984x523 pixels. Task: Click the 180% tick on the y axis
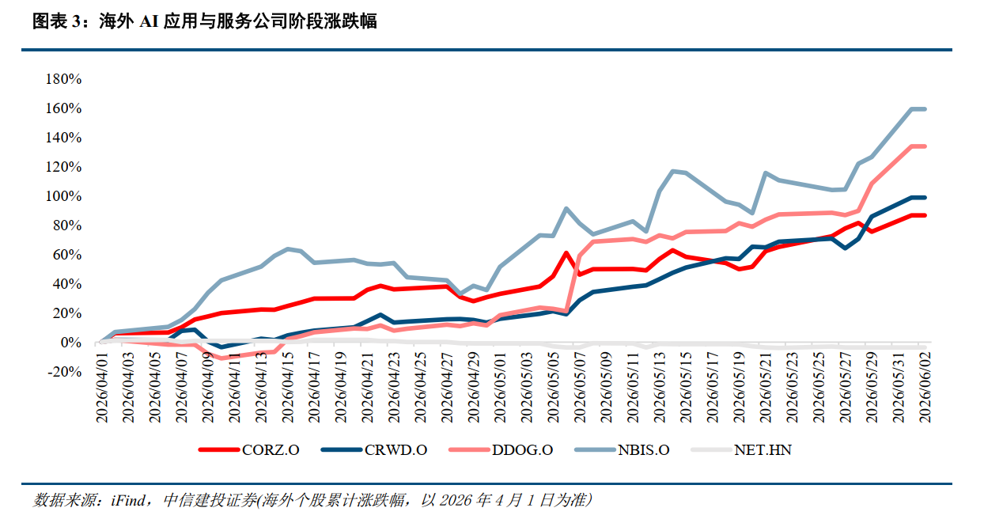coord(63,79)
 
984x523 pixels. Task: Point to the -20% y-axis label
coord(64,372)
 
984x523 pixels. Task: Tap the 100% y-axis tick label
coord(63,196)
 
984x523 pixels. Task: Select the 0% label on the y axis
coord(70,343)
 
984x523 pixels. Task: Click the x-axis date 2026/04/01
coord(102,388)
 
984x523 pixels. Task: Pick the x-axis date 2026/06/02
coord(925,388)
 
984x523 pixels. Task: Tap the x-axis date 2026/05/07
coord(580,388)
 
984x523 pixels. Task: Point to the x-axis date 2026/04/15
coord(287,388)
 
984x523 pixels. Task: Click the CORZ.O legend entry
coord(248,449)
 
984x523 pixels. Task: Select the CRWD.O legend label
coord(395,449)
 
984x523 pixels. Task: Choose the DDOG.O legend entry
coord(501,449)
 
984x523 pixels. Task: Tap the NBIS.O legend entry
coord(622,449)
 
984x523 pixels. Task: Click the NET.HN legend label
coord(763,449)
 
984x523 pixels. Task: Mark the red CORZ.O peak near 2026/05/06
coord(566,253)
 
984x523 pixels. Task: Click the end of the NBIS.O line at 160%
coord(925,109)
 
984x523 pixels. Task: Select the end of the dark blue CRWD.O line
coord(925,198)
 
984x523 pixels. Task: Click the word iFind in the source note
coord(128,500)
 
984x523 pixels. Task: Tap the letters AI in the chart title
coord(149,21)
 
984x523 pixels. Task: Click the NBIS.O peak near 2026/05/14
coord(672,171)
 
